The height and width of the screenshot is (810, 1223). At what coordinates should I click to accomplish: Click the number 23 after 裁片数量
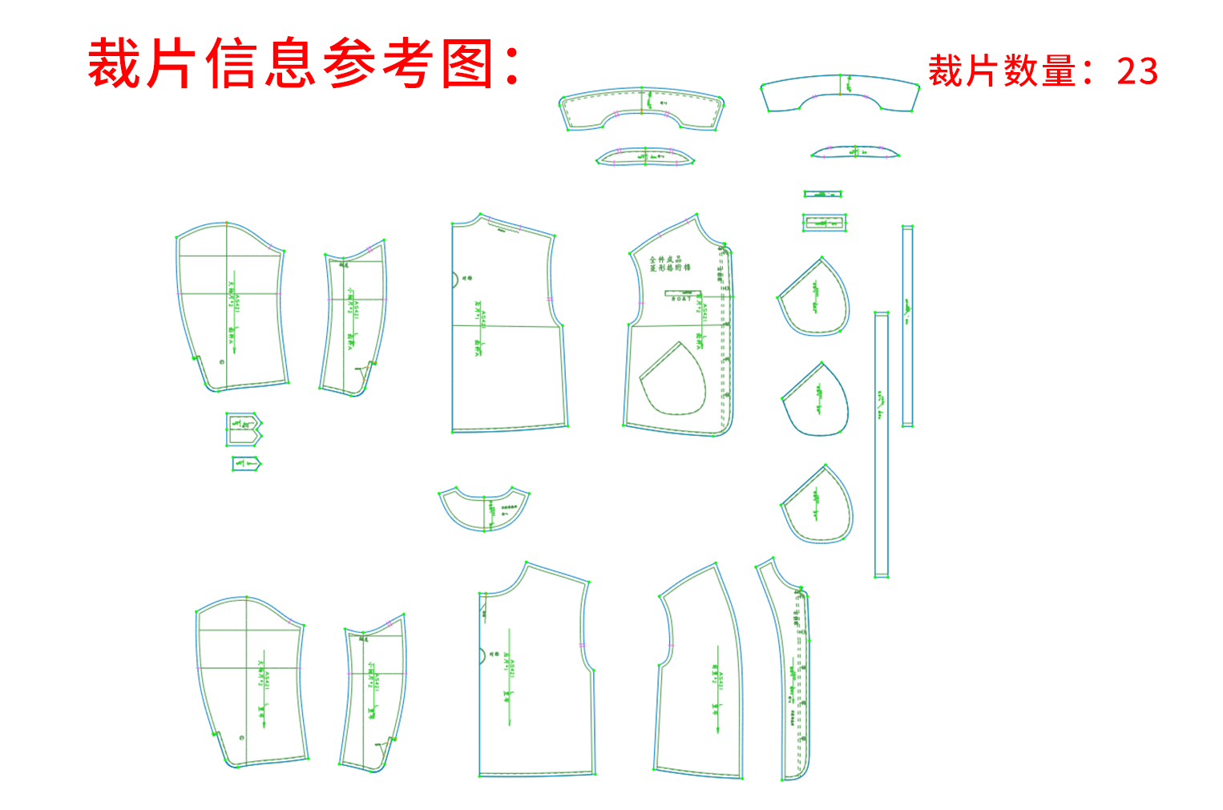[x=1137, y=71]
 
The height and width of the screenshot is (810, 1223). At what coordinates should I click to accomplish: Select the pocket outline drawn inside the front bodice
[x=673, y=380]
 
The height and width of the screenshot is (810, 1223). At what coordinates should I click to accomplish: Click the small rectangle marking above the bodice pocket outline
[x=680, y=294]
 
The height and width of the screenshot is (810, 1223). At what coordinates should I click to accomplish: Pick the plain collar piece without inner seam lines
[x=840, y=92]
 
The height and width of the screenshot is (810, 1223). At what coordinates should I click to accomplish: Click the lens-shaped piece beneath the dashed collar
[x=644, y=156]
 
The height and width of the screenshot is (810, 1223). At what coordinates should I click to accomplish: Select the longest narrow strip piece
[x=882, y=445]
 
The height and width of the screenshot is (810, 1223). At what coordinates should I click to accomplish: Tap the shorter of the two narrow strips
[x=908, y=325]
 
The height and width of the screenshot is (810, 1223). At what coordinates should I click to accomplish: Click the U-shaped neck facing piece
[x=483, y=509]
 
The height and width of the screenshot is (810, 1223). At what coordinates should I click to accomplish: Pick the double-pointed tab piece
[x=244, y=429]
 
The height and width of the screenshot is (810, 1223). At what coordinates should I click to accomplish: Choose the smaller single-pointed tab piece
[x=246, y=464]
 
